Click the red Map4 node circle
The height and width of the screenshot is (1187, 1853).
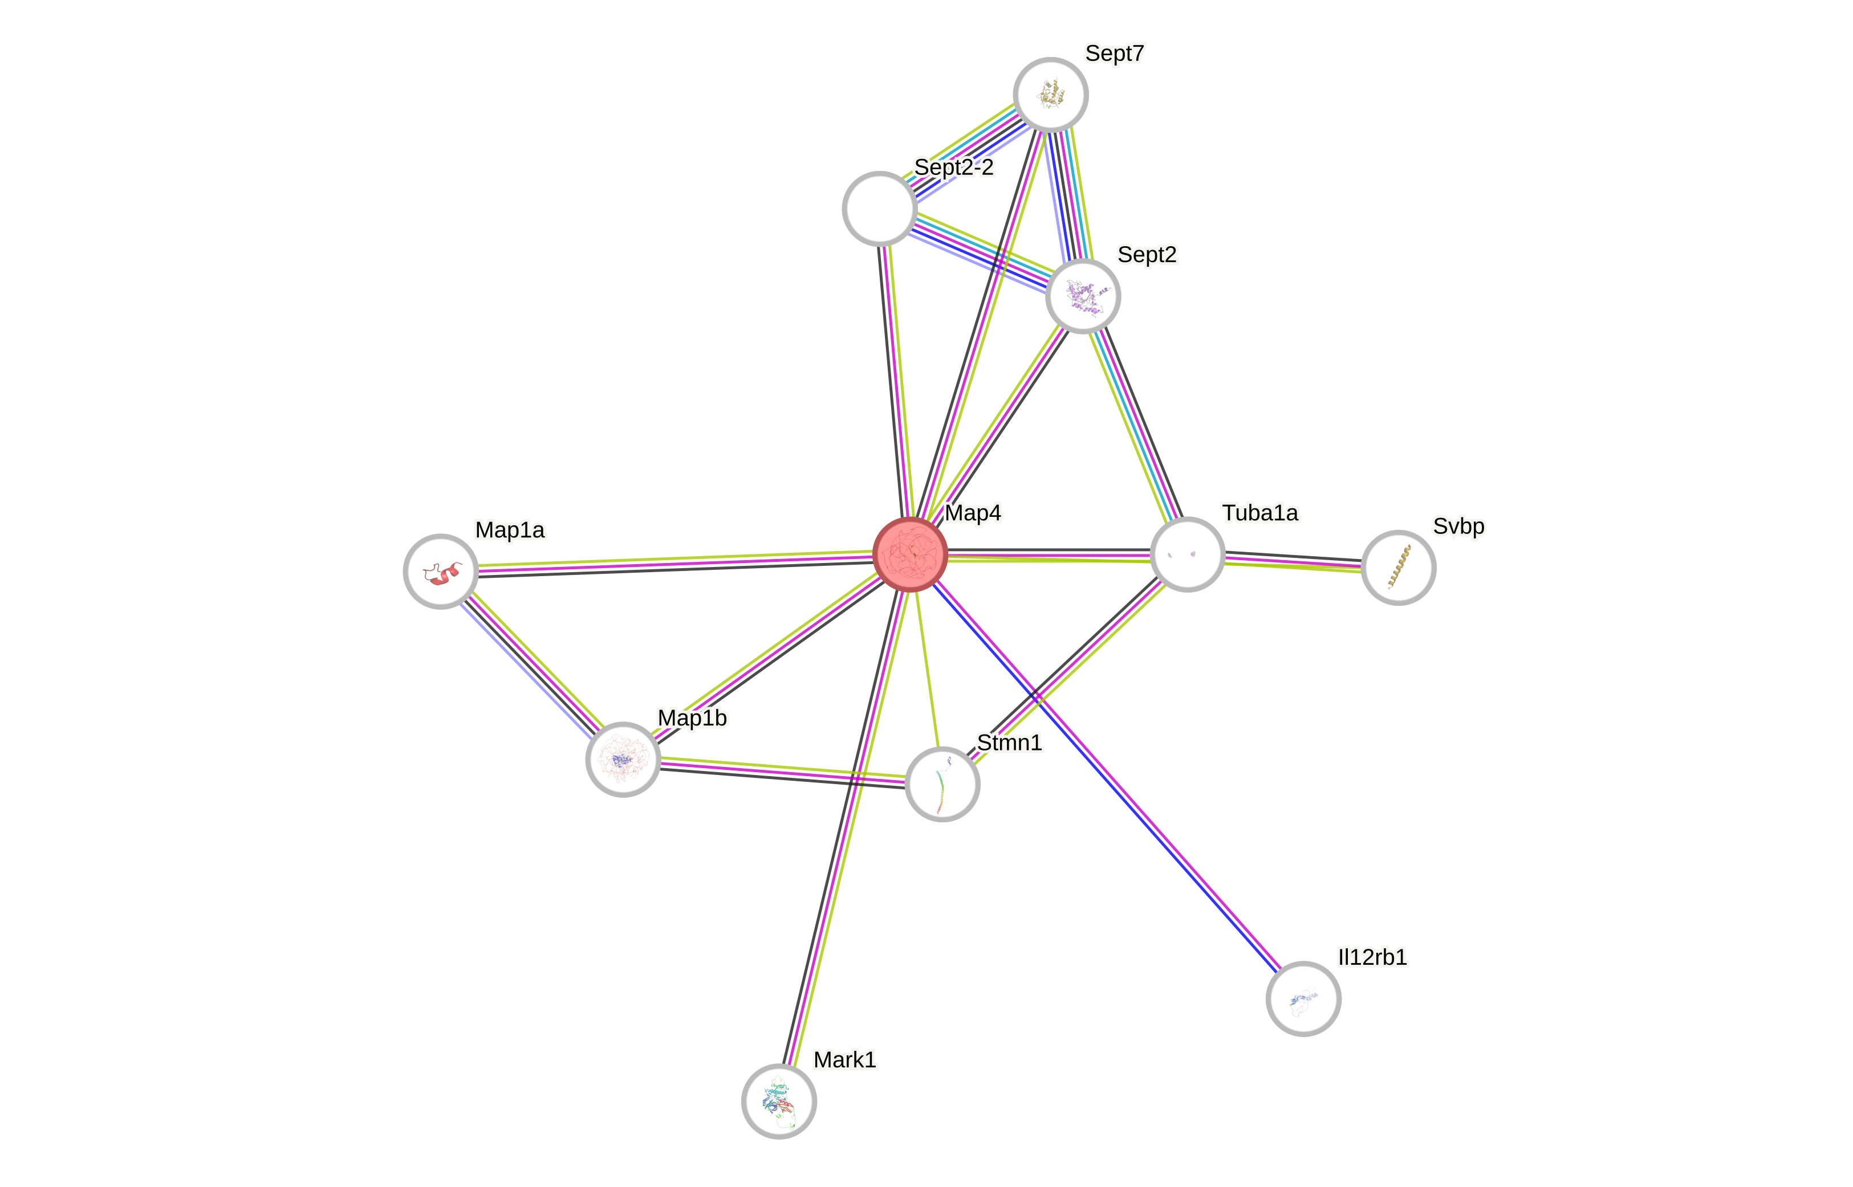tap(910, 554)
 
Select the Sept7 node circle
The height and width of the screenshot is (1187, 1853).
tap(1050, 94)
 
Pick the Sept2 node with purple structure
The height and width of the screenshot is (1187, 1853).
tap(1083, 296)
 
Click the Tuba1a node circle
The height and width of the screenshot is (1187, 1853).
tap(1186, 554)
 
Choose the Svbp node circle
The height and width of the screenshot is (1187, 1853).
tap(1398, 568)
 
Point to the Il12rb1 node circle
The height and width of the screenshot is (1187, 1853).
tap(1303, 998)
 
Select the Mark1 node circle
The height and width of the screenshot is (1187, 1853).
tap(779, 1101)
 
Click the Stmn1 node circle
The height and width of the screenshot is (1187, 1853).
tap(941, 784)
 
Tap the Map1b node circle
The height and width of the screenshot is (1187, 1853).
tap(623, 759)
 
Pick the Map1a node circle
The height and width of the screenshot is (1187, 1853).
tap(440, 571)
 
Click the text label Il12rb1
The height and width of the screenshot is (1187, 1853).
tap(1372, 957)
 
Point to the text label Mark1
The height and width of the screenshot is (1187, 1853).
tap(844, 1059)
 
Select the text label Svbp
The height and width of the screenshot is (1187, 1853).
tap(1458, 525)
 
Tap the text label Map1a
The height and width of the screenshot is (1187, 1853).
tap(510, 529)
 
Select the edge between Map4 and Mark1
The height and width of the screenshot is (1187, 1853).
tap(844, 827)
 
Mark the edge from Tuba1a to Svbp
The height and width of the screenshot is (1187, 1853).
tap(1293, 562)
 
